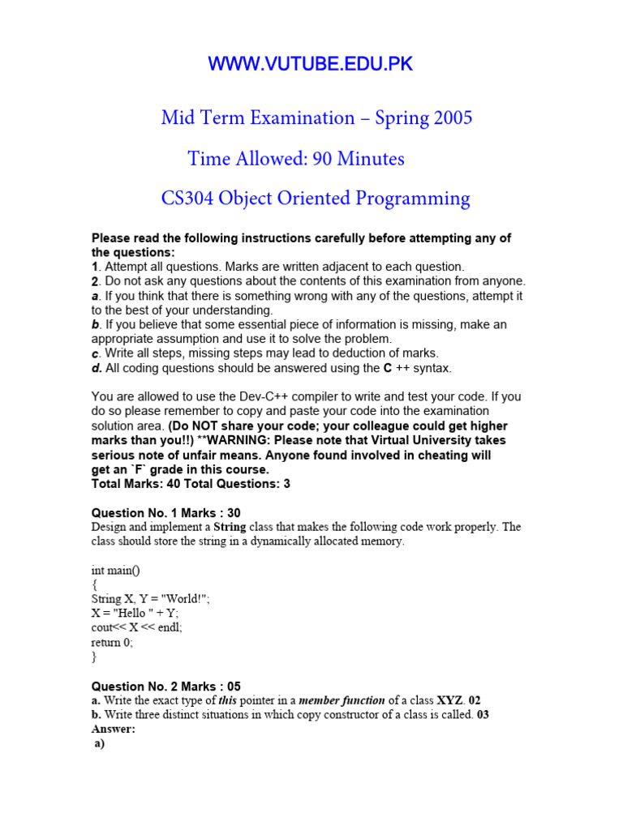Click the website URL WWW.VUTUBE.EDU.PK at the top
pyautogui.click(x=311, y=65)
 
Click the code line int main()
pyautogui.click(x=116, y=570)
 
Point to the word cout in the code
pyautogui.click(x=104, y=627)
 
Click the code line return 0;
pyautogui.click(x=112, y=642)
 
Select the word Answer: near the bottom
pyautogui.click(x=114, y=729)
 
